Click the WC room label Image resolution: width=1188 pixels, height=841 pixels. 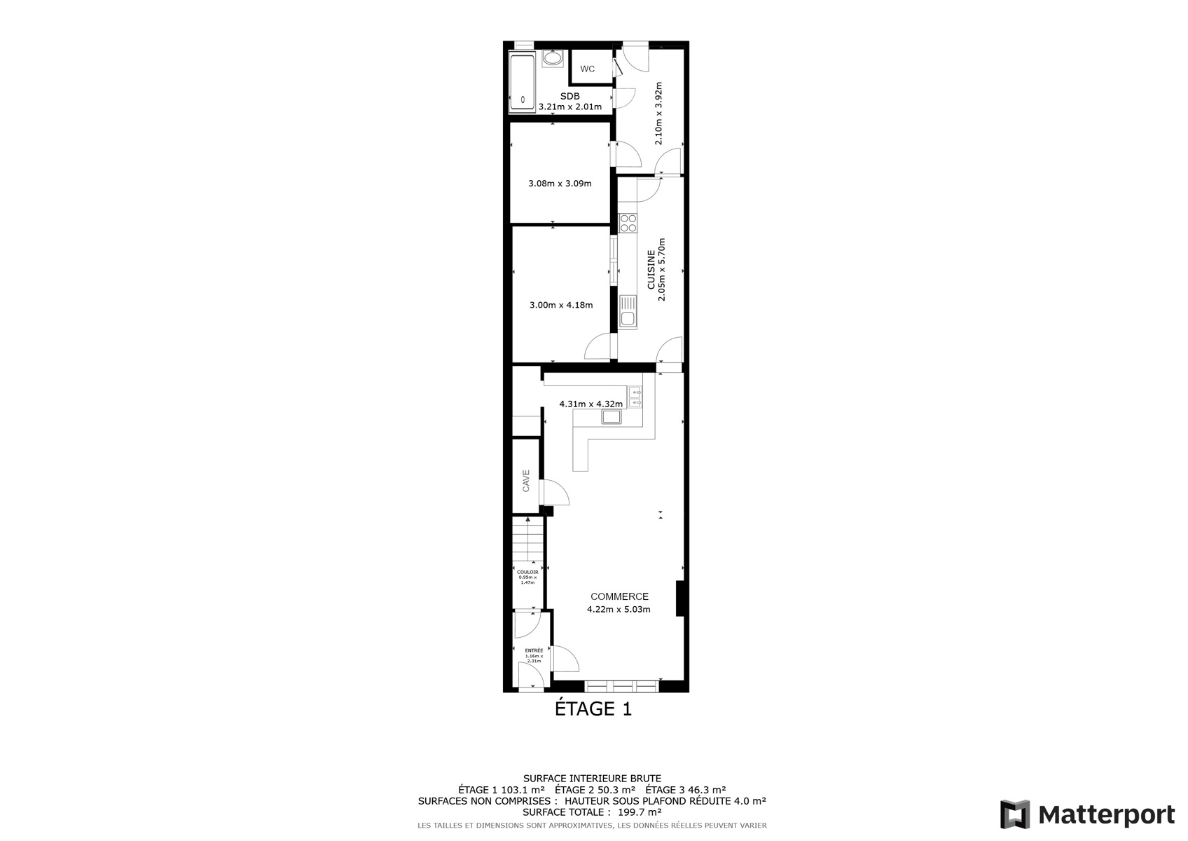(587, 69)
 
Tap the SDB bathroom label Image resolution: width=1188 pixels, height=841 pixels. (570, 96)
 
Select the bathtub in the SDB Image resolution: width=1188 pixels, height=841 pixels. (523, 82)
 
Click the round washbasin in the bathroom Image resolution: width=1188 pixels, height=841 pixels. (553, 58)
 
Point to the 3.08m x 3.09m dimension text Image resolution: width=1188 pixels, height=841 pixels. (560, 184)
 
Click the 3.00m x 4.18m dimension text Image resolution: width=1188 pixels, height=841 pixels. (561, 305)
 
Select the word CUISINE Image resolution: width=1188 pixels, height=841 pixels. (651, 270)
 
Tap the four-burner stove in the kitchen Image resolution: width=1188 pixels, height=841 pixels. (628, 223)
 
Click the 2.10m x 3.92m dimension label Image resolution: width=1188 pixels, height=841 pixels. (658, 113)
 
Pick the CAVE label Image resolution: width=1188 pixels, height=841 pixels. (526, 481)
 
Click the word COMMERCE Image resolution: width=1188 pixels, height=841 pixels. (619, 596)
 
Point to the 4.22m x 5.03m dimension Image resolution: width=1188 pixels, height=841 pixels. (619, 609)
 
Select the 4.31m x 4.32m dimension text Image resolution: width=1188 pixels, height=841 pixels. (590, 404)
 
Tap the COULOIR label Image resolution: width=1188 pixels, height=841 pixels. (527, 572)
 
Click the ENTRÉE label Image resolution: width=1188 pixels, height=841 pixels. (534, 650)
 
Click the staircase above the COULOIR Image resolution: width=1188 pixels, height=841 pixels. (528, 538)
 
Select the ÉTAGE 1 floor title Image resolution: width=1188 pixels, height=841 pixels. (593, 709)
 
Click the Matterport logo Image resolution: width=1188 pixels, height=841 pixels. (1087, 814)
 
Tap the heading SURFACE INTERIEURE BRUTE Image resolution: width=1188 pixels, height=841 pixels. (593, 779)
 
